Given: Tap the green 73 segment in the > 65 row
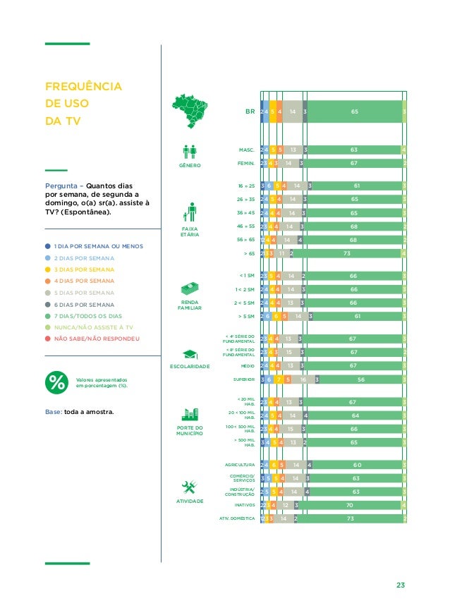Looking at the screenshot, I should pyautogui.click(x=346, y=253).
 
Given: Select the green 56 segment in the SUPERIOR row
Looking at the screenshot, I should pyautogui.click(x=360, y=379).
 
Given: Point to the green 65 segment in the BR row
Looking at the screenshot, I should pyautogui.click(x=354, y=111).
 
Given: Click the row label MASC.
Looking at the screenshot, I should pyautogui.click(x=246, y=150).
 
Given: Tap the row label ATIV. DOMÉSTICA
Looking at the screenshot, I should pyautogui.click(x=236, y=518).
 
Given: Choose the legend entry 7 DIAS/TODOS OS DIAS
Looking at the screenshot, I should pyautogui.click(x=88, y=316).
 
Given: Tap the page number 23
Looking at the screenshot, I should pyautogui.click(x=401, y=585).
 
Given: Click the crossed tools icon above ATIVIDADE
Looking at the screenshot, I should pyautogui.click(x=188, y=487).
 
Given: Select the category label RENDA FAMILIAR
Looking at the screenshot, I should pyautogui.click(x=190, y=305).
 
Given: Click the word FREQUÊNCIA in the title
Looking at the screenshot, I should pyautogui.click(x=83, y=87).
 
